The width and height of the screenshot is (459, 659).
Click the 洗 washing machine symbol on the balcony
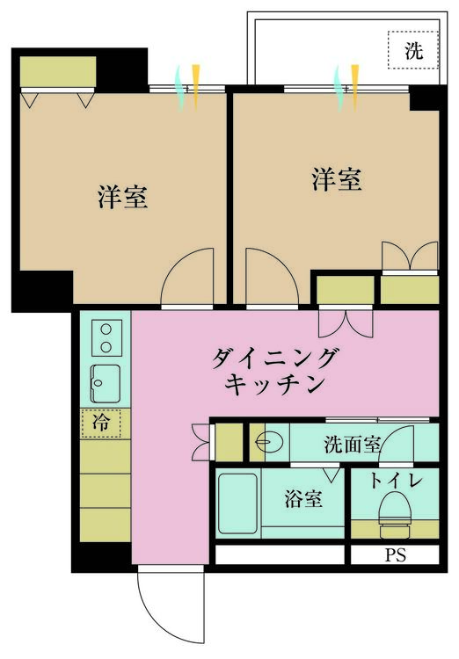(x=412, y=50)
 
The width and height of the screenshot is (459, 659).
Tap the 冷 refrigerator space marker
(x=101, y=424)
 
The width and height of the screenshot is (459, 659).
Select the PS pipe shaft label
(x=396, y=555)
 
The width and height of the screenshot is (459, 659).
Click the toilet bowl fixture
(x=396, y=514)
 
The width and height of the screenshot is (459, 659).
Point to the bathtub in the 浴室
(x=237, y=503)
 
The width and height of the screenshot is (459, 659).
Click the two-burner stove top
(x=106, y=338)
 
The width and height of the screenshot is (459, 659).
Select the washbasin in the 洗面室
(x=265, y=442)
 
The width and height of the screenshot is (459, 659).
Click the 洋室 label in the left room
(x=123, y=196)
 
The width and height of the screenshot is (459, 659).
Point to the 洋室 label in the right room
(x=337, y=179)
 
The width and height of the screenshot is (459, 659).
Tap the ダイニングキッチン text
(x=274, y=371)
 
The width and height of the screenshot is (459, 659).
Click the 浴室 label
(x=303, y=499)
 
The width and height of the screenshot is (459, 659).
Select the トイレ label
(x=396, y=481)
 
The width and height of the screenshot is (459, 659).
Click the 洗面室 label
(x=352, y=445)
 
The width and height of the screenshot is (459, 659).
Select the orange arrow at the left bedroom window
(x=195, y=87)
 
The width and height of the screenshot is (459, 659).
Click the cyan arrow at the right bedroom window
(x=338, y=88)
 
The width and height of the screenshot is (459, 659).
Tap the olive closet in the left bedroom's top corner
(x=58, y=71)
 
